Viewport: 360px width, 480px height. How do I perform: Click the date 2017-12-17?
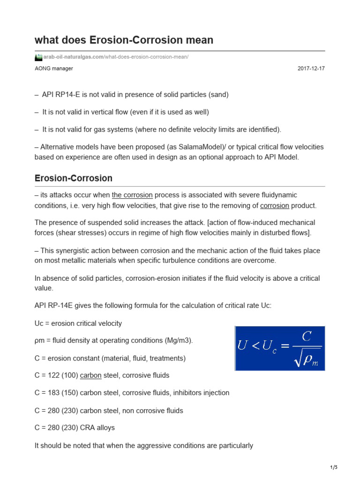click(311, 68)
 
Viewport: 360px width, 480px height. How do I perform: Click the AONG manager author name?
click(54, 68)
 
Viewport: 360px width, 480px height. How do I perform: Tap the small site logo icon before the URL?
click(38, 57)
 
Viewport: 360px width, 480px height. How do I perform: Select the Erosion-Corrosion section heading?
click(74, 178)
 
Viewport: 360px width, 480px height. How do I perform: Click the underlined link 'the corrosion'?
click(132, 195)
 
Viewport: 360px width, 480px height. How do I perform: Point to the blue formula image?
click(280, 349)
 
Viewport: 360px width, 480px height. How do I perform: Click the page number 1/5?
click(334, 467)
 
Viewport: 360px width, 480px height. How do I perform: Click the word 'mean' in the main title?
click(200, 40)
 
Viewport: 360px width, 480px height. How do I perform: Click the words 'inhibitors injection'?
click(197, 393)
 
